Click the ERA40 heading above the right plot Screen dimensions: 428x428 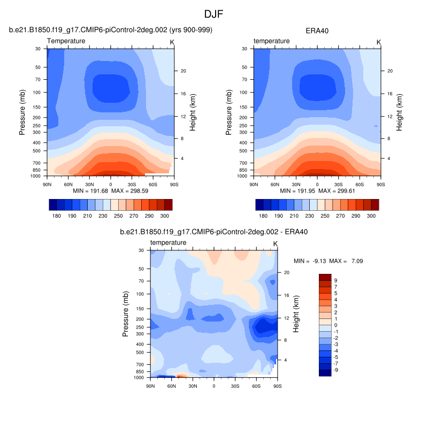317,30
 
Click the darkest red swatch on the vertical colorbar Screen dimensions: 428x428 325,277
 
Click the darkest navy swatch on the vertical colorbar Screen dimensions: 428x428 325,373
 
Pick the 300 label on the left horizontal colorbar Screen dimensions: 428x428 164,215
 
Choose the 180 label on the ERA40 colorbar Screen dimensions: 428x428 263,215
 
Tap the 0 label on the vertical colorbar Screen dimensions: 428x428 335,325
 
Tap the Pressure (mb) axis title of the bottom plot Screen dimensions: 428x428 126,314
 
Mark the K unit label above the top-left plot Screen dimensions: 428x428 172,42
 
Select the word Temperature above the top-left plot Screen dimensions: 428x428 66,41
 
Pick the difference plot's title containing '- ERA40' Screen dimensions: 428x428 213,232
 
